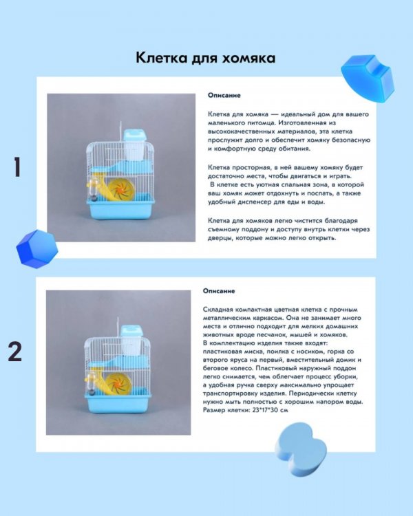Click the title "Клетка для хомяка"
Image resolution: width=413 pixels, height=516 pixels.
point(206,58)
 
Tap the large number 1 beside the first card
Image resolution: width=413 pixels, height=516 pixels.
point(17,167)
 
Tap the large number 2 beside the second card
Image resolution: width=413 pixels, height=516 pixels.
point(15,352)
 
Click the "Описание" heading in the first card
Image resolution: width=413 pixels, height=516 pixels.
point(224,96)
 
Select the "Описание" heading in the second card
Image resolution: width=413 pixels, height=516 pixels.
point(219,291)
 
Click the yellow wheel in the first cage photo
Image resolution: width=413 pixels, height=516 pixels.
point(120,190)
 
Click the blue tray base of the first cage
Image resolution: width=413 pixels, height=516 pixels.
point(120,209)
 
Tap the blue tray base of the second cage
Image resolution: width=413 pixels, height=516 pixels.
point(118,403)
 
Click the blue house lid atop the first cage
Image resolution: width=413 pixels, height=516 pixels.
point(135,135)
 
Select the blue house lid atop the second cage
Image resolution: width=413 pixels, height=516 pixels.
point(131,331)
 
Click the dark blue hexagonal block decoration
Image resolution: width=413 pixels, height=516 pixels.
point(37,248)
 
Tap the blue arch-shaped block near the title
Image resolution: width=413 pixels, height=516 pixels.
point(367,78)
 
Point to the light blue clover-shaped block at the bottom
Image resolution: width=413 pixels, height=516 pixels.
point(301,449)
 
